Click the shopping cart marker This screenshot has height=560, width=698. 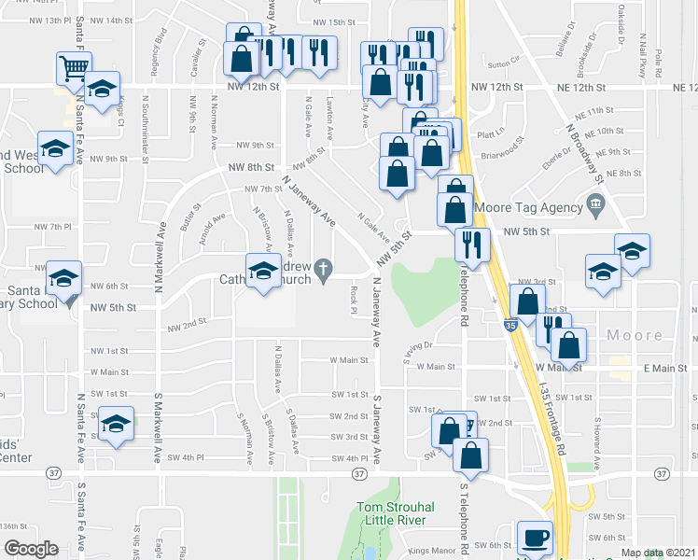(73, 68)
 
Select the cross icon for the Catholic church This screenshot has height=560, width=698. (323, 270)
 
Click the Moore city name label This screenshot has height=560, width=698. (635, 335)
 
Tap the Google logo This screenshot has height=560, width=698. (31, 548)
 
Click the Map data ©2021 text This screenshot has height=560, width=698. (659, 553)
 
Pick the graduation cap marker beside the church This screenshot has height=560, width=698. (262, 272)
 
